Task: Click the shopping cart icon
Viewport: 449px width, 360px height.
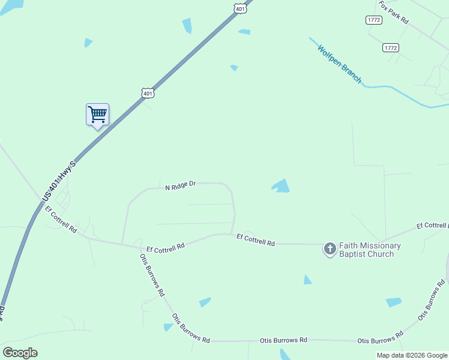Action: pyautogui.click(x=97, y=114)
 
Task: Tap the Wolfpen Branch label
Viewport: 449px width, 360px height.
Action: pyautogui.click(x=340, y=64)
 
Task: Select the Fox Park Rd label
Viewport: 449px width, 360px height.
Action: pyautogui.click(x=394, y=13)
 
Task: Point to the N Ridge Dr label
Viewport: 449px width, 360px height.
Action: pyautogui.click(x=181, y=186)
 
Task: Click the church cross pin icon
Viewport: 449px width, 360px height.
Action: pyautogui.click(x=330, y=248)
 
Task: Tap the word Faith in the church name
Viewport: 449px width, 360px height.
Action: pyautogui.click(x=350, y=245)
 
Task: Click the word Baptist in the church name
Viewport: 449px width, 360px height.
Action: pyautogui.click(x=355, y=254)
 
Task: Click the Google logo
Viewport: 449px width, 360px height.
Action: pyautogui.click(x=20, y=353)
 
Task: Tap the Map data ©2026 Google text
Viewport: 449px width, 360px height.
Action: pyautogui.click(x=412, y=355)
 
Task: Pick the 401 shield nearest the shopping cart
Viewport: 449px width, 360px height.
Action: pyautogui.click(x=148, y=93)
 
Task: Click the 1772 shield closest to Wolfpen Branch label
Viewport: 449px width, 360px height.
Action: pyautogui.click(x=390, y=47)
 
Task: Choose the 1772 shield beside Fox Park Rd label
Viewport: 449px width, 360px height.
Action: pyautogui.click(x=373, y=20)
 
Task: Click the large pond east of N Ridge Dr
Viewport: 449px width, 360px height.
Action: pyautogui.click(x=281, y=186)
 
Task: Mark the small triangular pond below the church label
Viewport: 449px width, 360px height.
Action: pyautogui.click(x=307, y=280)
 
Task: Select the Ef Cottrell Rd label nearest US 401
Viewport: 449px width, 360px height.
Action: pyautogui.click(x=61, y=220)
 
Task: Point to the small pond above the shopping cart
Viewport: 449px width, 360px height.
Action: pyautogui.click(x=88, y=43)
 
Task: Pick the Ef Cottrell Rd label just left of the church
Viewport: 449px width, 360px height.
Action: pyautogui.click(x=255, y=240)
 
